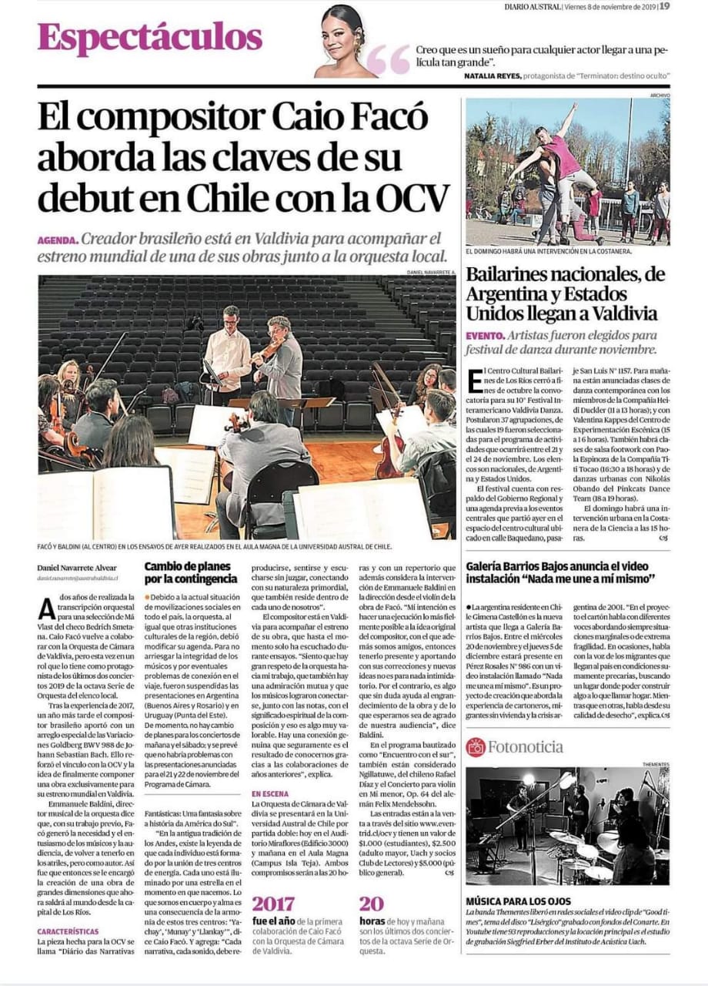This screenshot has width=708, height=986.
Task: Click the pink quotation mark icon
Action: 389,60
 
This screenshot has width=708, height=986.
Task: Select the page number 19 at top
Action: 664,6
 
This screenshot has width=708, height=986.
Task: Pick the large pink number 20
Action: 371,904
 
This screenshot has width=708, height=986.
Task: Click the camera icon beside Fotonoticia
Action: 476,746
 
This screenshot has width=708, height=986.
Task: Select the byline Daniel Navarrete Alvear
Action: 84,568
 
